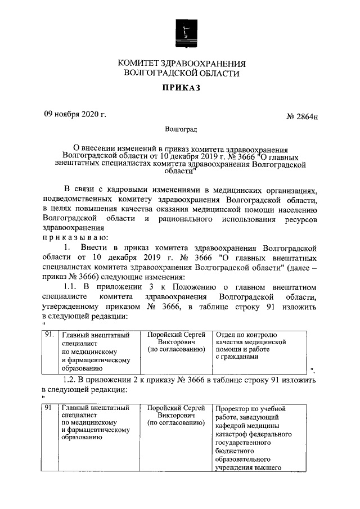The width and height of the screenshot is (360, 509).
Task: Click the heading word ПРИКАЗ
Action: [181, 88]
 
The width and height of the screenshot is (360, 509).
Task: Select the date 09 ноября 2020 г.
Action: [75, 114]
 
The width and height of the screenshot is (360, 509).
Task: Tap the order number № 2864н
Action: [302, 116]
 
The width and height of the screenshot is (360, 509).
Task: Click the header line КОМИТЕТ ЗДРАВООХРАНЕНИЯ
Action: [182, 63]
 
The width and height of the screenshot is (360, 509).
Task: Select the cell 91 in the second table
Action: [48, 408]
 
